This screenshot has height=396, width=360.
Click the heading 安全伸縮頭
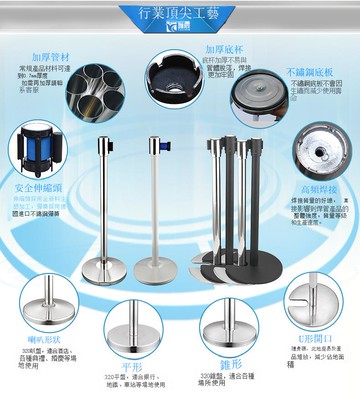(x=36, y=187)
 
